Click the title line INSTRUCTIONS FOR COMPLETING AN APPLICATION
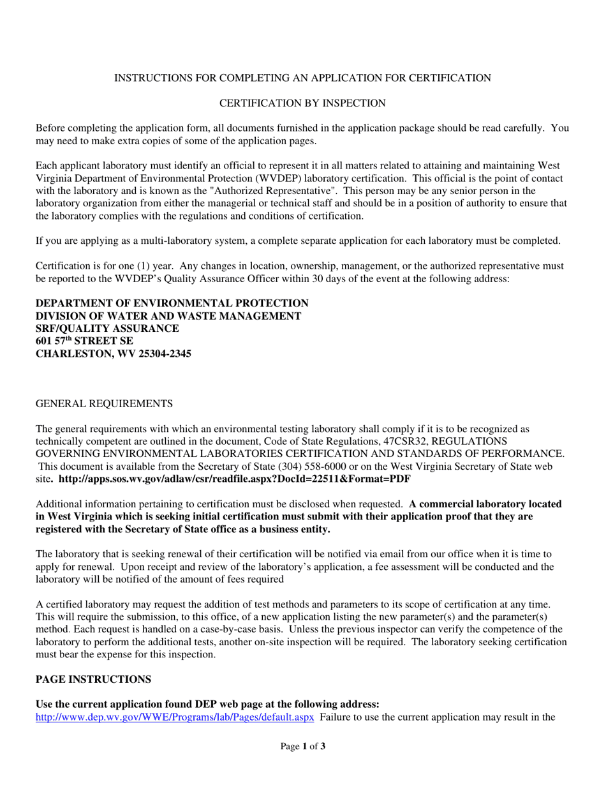[302, 78]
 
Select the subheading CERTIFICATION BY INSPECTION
[302, 102]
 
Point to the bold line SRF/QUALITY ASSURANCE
[107, 328]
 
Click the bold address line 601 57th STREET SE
[84, 341]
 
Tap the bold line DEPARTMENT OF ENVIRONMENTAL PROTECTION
[172, 303]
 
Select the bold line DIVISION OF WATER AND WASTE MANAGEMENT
[168, 315]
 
